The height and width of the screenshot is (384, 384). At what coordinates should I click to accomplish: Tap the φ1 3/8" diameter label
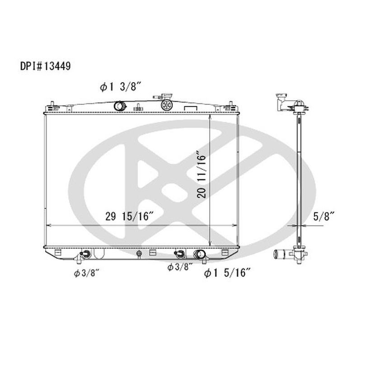121,87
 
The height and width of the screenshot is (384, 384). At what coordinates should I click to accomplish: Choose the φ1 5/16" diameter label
227,272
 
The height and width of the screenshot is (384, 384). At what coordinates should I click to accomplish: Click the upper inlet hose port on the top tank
120,106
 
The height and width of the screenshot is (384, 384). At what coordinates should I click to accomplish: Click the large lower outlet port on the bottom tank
199,254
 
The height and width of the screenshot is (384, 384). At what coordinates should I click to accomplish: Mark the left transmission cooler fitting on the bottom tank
84,254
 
